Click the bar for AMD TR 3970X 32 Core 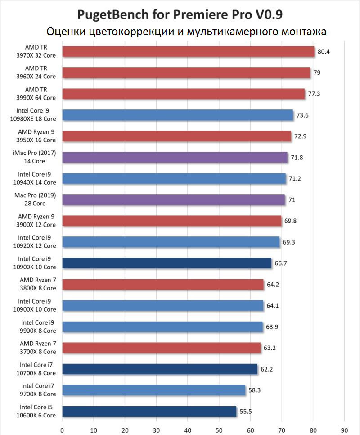(x=188, y=51)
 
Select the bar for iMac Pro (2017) (x=175, y=157)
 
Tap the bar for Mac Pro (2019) (x=173, y=199)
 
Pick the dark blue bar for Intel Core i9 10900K (x=166, y=263)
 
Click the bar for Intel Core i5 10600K (x=149, y=411)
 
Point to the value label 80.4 (x=324, y=51)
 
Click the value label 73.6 (x=302, y=115)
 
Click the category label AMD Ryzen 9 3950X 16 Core (x=37, y=136)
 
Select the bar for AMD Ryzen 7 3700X (x=161, y=348)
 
